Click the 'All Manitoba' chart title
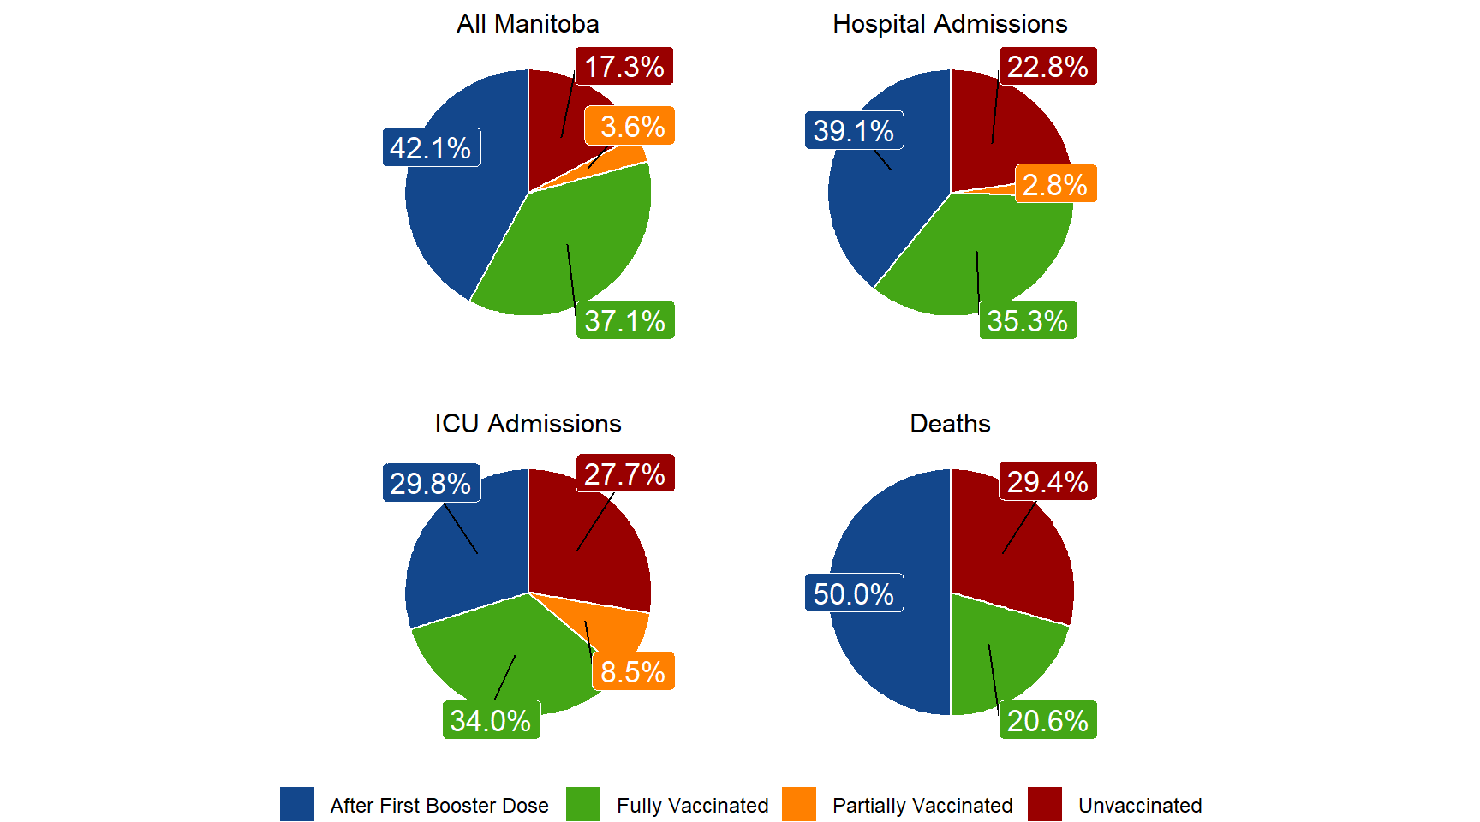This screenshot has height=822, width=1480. pos(528,24)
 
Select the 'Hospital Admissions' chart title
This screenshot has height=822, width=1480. pos(950,24)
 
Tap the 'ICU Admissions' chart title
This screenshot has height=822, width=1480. pos(528,424)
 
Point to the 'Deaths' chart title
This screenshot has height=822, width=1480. pos(950,424)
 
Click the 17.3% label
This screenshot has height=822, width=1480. pos(624,67)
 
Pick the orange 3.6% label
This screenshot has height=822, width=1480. pos(631,127)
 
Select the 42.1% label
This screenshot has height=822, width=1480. pos(431,148)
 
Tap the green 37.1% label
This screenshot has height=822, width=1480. pos(625,321)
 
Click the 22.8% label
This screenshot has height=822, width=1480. pos(1047,67)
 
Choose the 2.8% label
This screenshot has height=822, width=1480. pos(1055,184)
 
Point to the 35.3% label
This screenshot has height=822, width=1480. pos(1028,321)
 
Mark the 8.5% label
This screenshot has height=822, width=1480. pos(633,672)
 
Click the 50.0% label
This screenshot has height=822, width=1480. pos(854,593)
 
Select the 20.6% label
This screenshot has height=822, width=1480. pos(1047,721)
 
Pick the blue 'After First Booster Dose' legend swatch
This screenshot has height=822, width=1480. pos(297,805)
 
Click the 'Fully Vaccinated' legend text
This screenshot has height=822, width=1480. pos(692,806)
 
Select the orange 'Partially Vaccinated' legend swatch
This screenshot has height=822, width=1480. pos(799,805)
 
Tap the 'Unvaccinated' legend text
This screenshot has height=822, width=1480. pos(1139,806)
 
